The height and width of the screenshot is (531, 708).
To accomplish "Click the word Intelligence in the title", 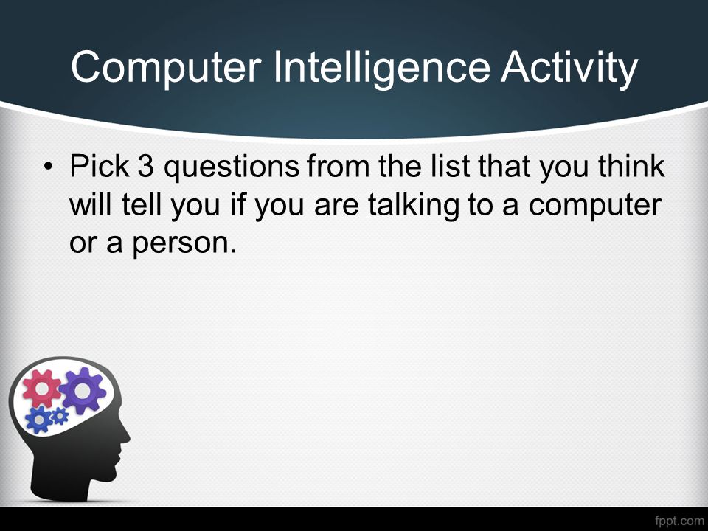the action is [x=382, y=68].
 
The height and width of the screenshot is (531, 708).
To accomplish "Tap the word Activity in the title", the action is [x=569, y=68].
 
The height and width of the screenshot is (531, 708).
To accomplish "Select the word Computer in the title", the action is [x=166, y=68].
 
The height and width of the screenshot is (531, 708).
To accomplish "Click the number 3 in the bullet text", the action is [x=145, y=166].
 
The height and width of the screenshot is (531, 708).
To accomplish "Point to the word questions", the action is [x=231, y=168].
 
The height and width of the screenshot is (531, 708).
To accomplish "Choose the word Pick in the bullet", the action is [x=100, y=166].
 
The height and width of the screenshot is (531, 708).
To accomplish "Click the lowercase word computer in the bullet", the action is [x=595, y=206].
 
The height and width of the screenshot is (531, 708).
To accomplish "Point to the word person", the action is [x=184, y=245].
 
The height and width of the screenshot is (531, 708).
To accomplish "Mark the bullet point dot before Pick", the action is [x=48, y=167].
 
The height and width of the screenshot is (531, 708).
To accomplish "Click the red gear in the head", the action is [x=41, y=388].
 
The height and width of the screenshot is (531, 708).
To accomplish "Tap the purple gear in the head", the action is [x=83, y=391].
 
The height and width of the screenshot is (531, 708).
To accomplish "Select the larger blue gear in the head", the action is [x=39, y=420].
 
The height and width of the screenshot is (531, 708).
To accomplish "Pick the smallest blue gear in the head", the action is [x=60, y=416].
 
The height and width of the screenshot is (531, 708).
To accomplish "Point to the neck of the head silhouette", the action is [x=68, y=483].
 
